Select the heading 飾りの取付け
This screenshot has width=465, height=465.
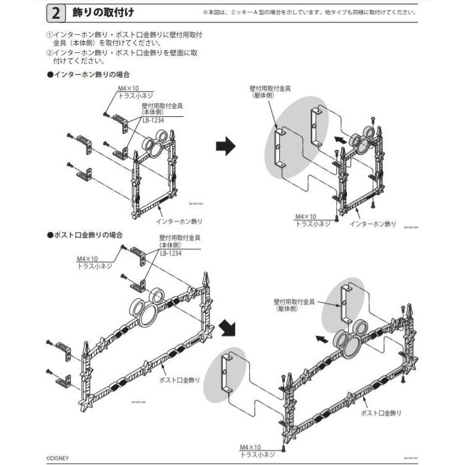click(x=103, y=12)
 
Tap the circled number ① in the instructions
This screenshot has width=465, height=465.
click(x=50, y=35)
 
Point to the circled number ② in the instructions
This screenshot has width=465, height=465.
click(x=50, y=53)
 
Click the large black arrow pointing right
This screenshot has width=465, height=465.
click(x=226, y=147)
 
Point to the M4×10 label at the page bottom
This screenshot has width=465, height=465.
click(x=251, y=447)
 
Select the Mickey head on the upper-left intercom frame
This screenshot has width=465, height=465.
click(x=154, y=148)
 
